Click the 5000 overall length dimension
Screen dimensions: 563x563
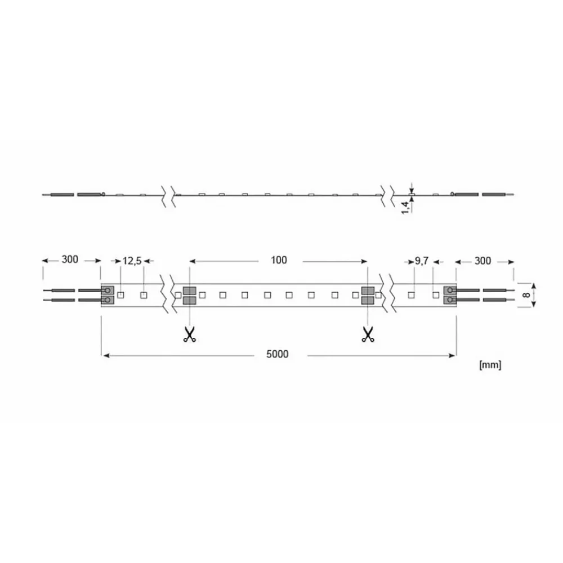tap(278, 354)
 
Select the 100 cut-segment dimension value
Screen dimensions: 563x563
tap(278, 260)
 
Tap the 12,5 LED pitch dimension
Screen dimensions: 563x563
tap(132, 260)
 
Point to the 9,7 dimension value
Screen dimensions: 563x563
tap(422, 260)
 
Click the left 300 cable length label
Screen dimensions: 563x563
tap(70, 260)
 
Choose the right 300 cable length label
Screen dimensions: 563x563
tap(482, 260)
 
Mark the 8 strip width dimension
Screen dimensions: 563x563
tap(526, 294)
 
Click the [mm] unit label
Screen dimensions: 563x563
tap(489, 365)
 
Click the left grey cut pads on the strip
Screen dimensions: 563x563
tap(189, 295)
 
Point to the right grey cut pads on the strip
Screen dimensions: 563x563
tap(368, 295)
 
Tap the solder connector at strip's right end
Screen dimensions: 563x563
tap(449, 295)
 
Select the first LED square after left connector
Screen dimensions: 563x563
tap(120, 294)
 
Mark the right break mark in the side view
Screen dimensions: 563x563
tap(388, 195)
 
